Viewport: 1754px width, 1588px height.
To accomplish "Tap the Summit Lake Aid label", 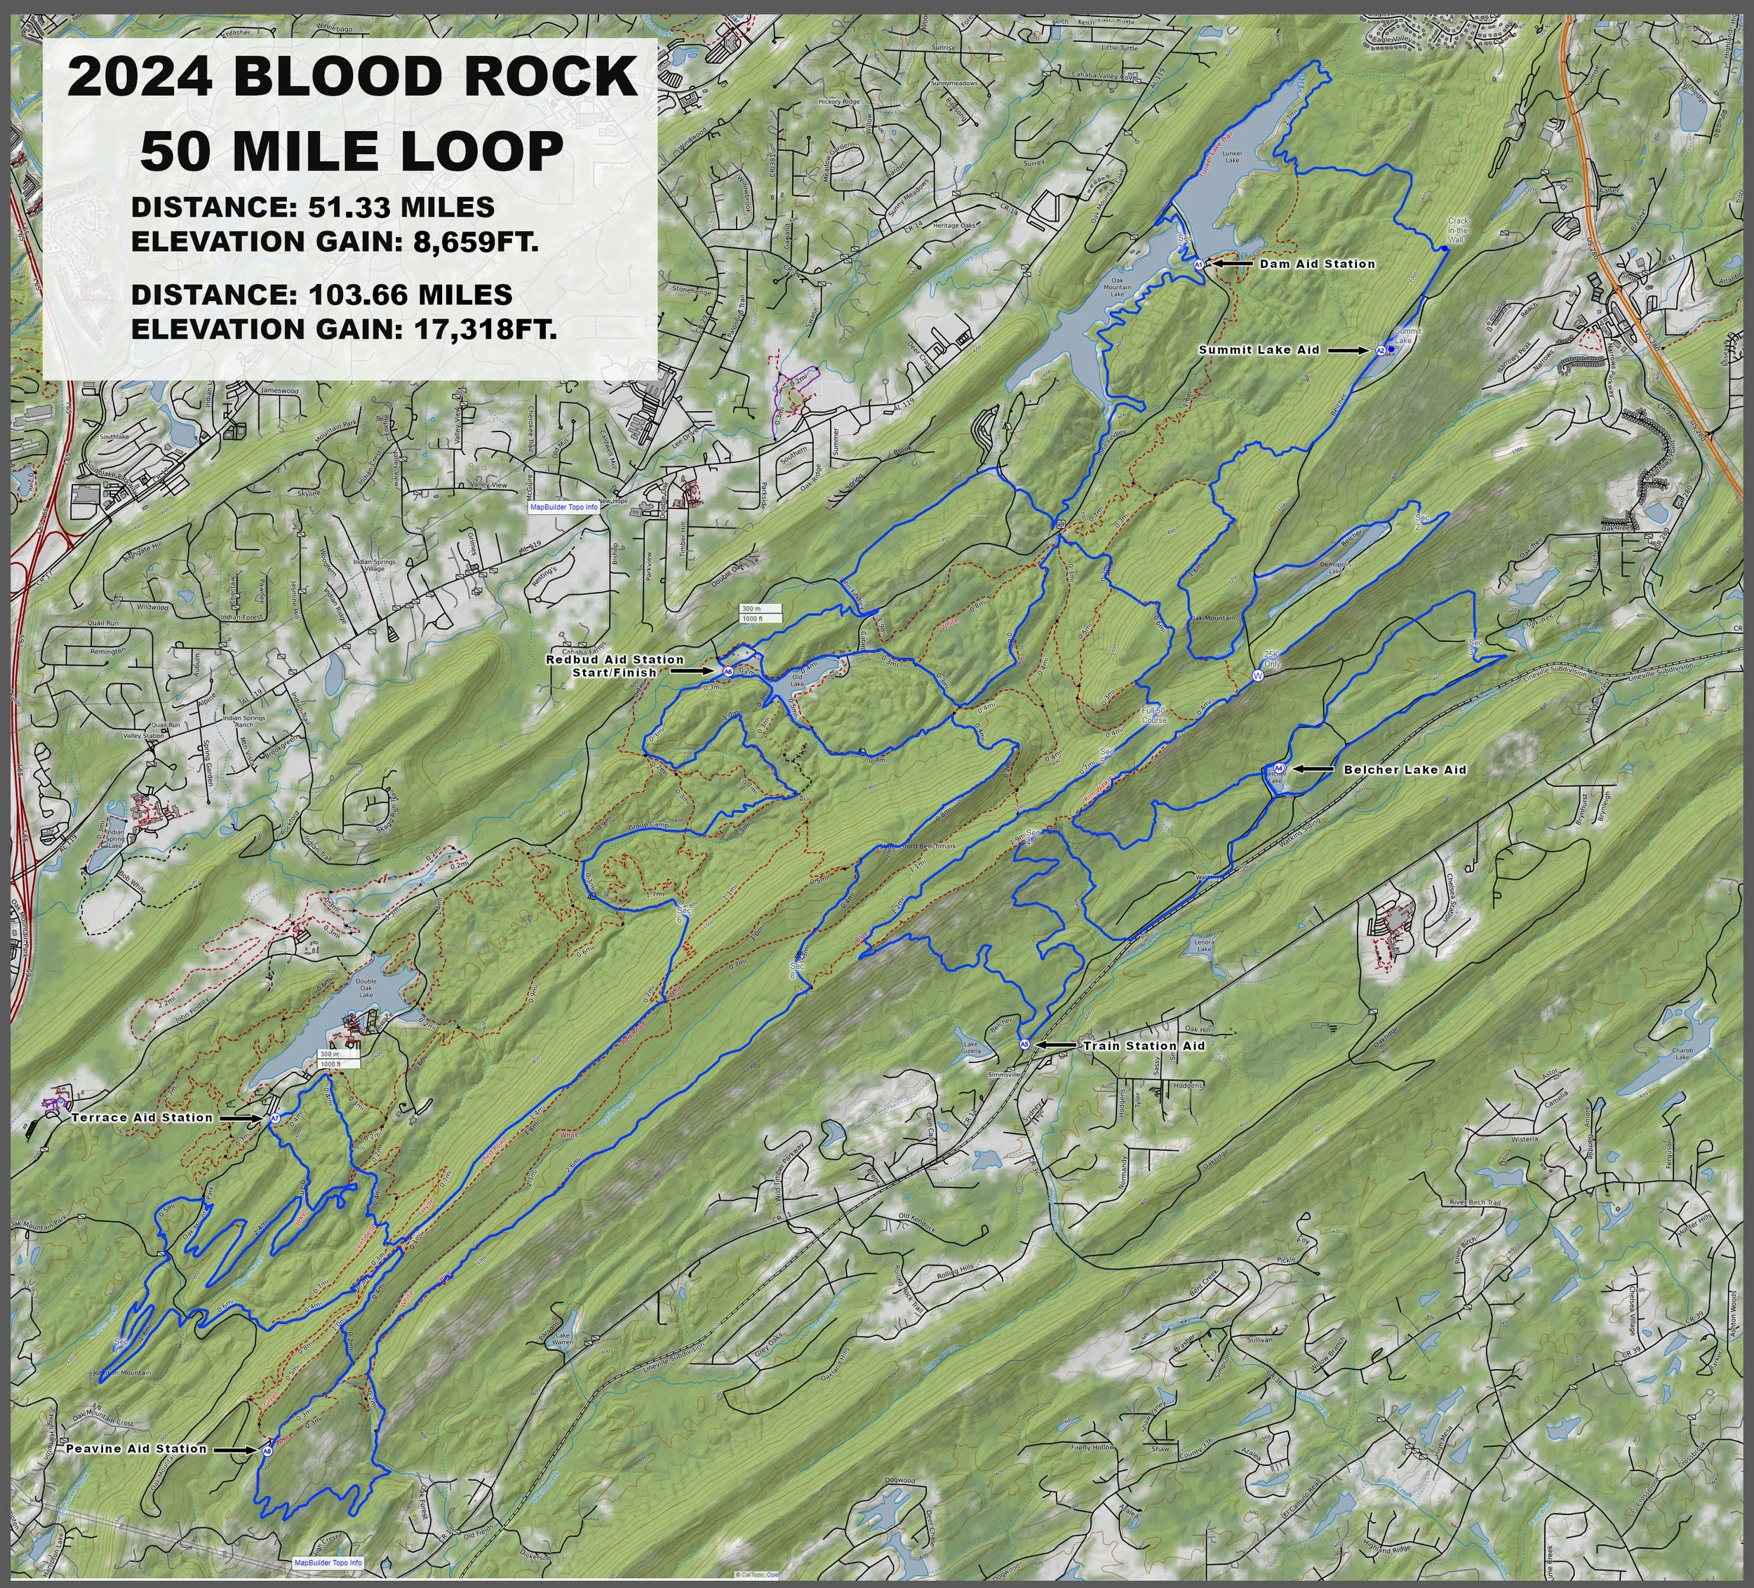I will (1259, 349).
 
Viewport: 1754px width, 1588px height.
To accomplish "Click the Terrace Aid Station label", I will (142, 1117).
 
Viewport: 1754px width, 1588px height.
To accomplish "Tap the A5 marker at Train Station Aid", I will (1024, 1044).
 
